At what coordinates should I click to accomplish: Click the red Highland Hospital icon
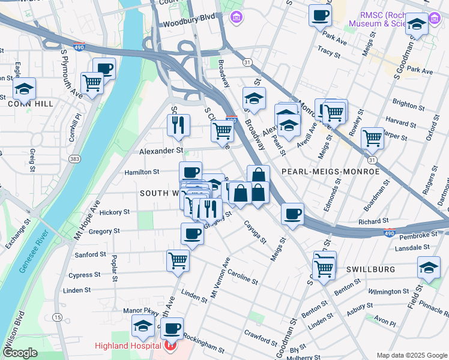pyautogui.click(x=170, y=346)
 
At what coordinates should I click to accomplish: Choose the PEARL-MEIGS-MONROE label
pyautogui.click(x=330, y=172)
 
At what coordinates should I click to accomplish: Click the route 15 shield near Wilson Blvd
pyautogui.click(x=58, y=317)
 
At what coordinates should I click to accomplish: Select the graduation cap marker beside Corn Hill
pyautogui.click(x=24, y=89)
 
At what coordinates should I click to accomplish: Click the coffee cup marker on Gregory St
pyautogui.click(x=192, y=233)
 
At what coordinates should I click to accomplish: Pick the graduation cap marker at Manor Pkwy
pyautogui.click(x=143, y=325)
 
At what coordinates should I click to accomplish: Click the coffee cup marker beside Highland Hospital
pyautogui.click(x=172, y=328)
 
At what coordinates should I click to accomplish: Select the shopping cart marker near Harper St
pyautogui.click(x=373, y=137)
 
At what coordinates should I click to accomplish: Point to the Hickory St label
pyautogui.click(x=114, y=212)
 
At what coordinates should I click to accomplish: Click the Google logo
pyautogui.click(x=20, y=353)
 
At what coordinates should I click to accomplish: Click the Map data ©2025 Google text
pyautogui.click(x=411, y=355)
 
